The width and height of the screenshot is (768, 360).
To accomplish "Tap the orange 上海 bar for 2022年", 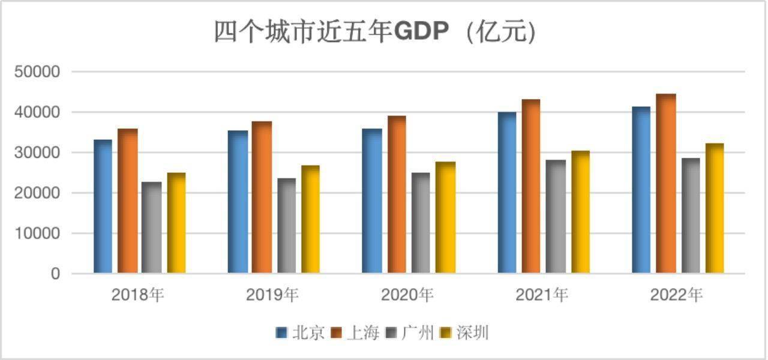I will click(x=666, y=184).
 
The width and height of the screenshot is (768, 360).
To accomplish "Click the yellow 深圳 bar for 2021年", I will click(x=580, y=212).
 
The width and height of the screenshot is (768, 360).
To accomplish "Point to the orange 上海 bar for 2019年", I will click(x=262, y=197).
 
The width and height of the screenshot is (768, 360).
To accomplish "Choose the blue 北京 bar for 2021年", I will click(x=507, y=193).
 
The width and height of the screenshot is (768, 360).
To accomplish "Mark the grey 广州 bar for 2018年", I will click(x=151, y=228).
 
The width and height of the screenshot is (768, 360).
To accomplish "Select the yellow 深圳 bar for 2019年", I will click(x=310, y=220).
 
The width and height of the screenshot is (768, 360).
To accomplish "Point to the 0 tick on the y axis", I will click(x=56, y=274).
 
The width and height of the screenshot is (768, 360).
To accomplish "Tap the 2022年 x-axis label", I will click(x=676, y=295).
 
